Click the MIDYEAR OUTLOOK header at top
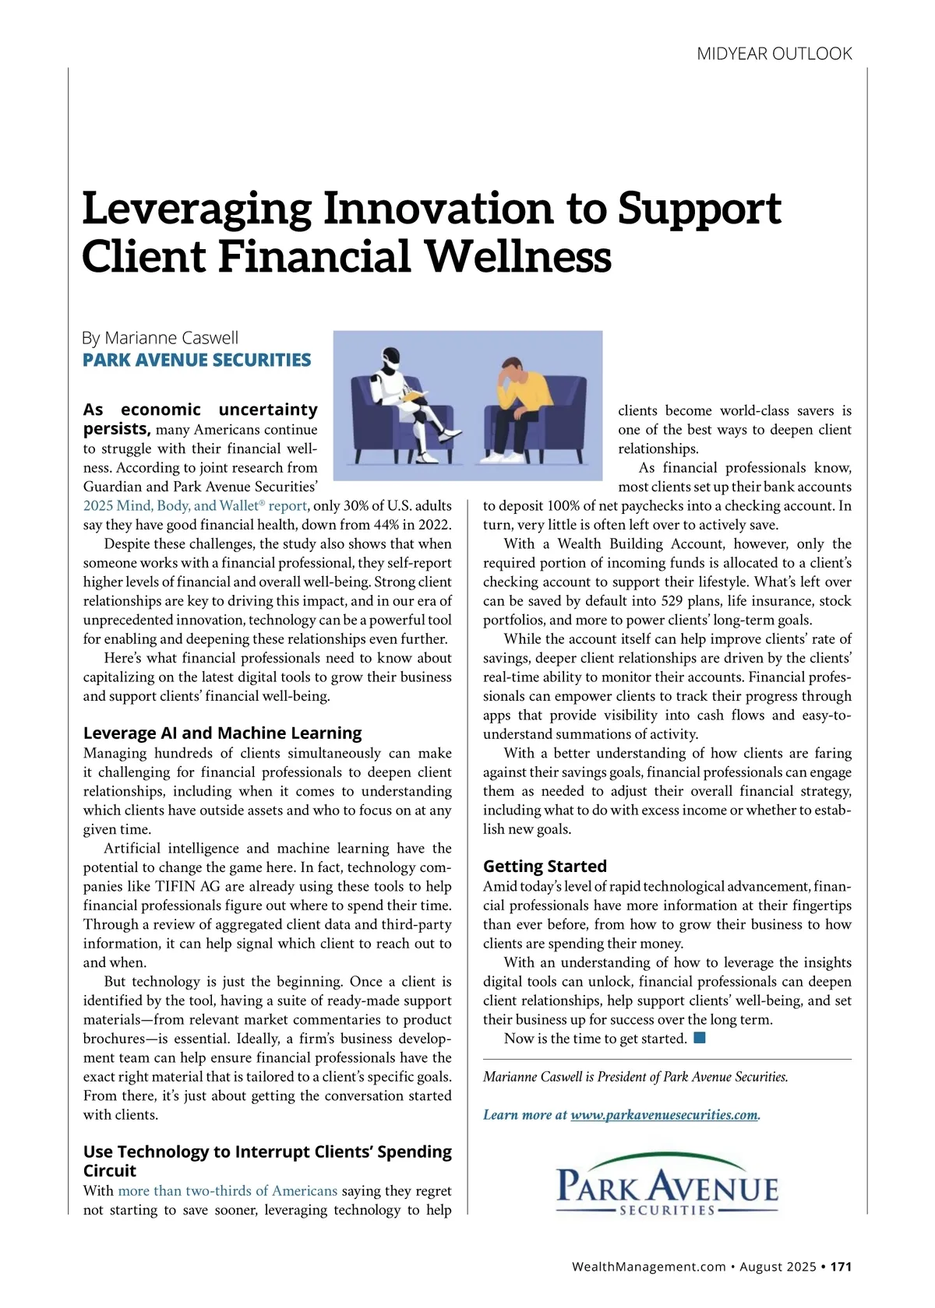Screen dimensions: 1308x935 (x=774, y=54)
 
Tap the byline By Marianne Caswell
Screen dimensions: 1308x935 (x=160, y=338)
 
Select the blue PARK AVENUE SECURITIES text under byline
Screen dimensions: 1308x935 (x=196, y=360)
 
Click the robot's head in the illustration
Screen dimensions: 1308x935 (x=392, y=361)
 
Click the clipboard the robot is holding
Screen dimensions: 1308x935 (x=411, y=398)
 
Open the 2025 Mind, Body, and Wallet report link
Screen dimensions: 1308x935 (x=195, y=505)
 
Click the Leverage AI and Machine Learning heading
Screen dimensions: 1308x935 (x=222, y=733)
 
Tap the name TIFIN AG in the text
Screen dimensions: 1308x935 (x=187, y=886)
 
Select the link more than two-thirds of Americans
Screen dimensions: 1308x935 (x=228, y=1190)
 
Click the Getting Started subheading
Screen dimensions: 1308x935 (x=545, y=866)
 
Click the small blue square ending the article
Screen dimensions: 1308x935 (x=699, y=1038)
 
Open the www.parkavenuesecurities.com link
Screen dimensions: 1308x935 (x=664, y=1115)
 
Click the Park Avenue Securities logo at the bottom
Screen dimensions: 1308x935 (x=667, y=1185)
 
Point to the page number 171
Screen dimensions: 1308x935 (x=841, y=1266)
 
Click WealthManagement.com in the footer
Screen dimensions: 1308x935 (x=648, y=1266)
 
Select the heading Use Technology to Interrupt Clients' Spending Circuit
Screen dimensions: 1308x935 (x=267, y=1161)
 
